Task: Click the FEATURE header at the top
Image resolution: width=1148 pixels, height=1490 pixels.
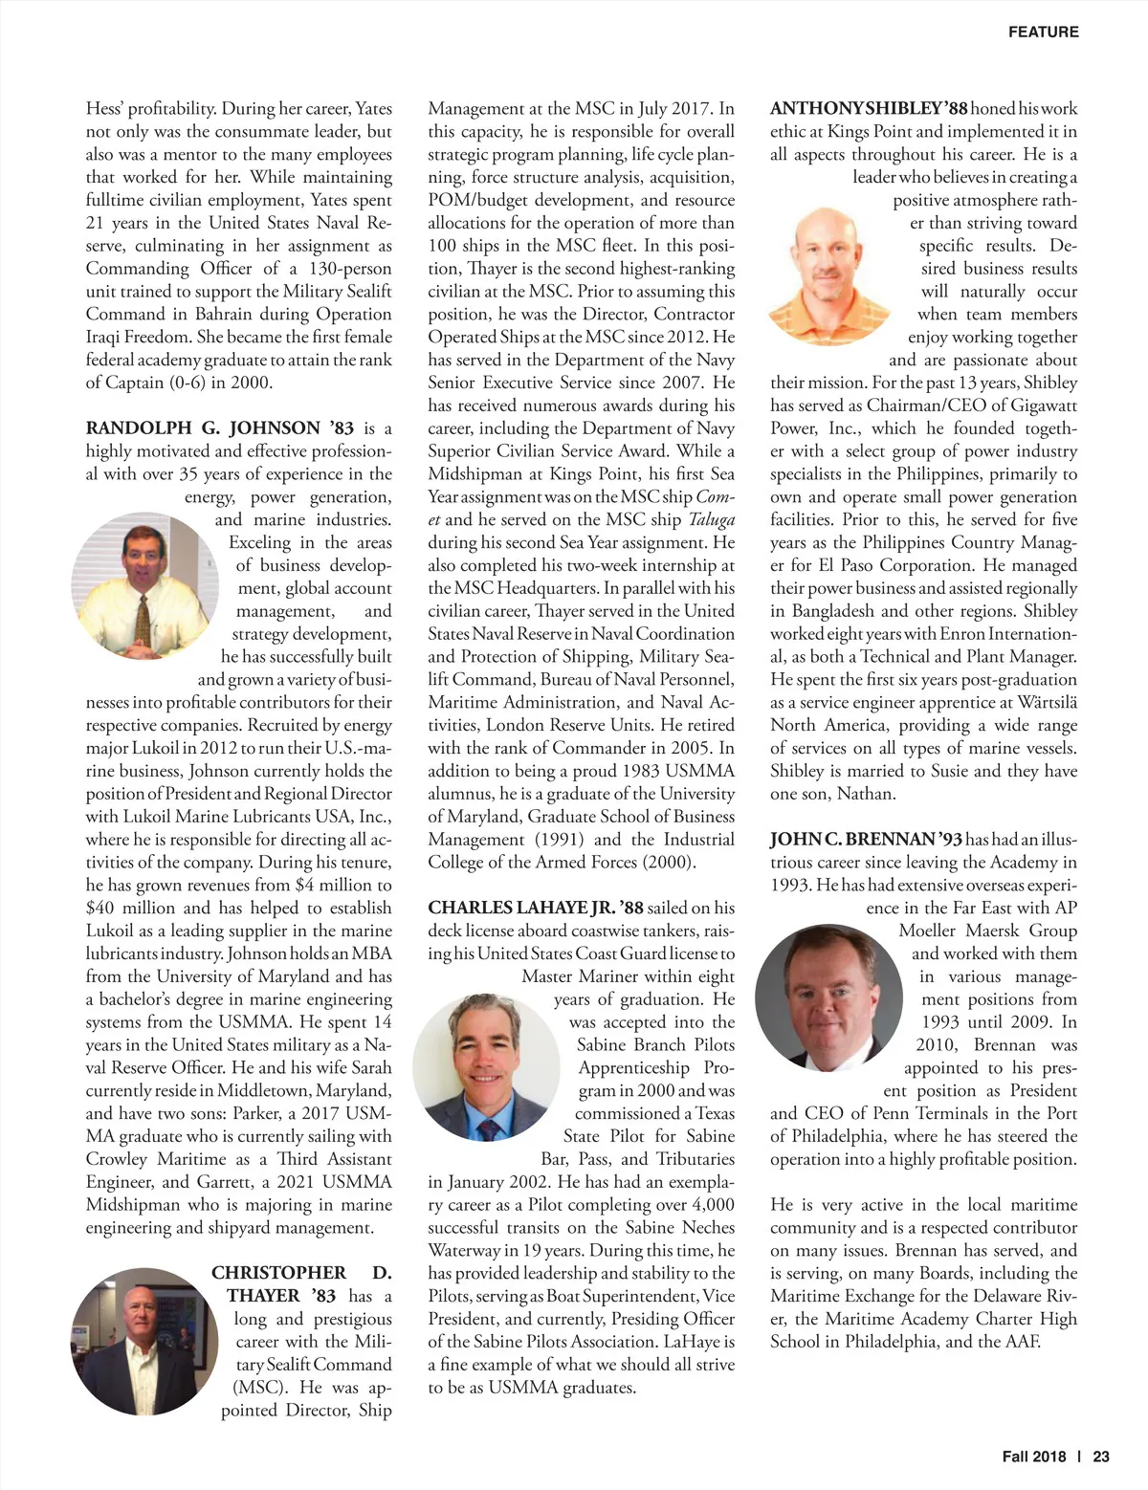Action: pyautogui.click(x=1043, y=33)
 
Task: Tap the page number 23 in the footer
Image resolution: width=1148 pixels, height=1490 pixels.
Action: pyautogui.click(x=1101, y=1457)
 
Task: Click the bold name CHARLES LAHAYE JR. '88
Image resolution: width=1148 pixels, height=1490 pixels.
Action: pyautogui.click(x=536, y=908)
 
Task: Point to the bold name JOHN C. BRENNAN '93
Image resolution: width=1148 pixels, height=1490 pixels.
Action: pyautogui.click(x=866, y=840)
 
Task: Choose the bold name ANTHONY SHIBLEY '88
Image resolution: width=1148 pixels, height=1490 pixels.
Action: pyautogui.click(x=870, y=109)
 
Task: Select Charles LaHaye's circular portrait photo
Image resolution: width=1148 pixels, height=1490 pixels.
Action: pyautogui.click(x=485, y=1064)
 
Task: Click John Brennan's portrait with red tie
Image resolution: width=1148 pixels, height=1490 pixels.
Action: pyautogui.click(x=828, y=997)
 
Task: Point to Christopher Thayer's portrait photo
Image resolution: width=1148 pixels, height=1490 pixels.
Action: pyautogui.click(x=143, y=1341)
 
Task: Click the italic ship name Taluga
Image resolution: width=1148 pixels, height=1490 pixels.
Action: pyautogui.click(x=712, y=520)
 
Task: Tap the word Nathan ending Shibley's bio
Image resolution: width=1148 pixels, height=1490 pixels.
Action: pyautogui.click(x=866, y=794)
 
